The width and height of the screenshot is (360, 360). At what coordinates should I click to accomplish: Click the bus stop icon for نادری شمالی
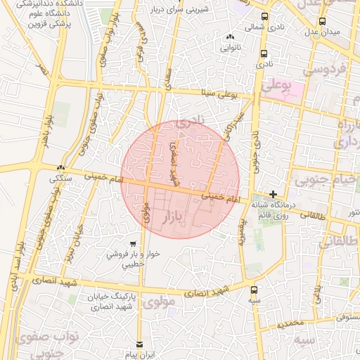pos(264,16)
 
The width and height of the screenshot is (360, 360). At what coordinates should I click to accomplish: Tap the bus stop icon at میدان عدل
pos(322,20)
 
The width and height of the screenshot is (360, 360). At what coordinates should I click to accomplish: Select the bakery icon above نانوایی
pos(230,37)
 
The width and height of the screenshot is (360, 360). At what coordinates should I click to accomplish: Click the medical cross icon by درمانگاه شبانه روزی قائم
pos(274,194)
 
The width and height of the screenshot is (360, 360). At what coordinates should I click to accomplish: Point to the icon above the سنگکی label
pos(61,168)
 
